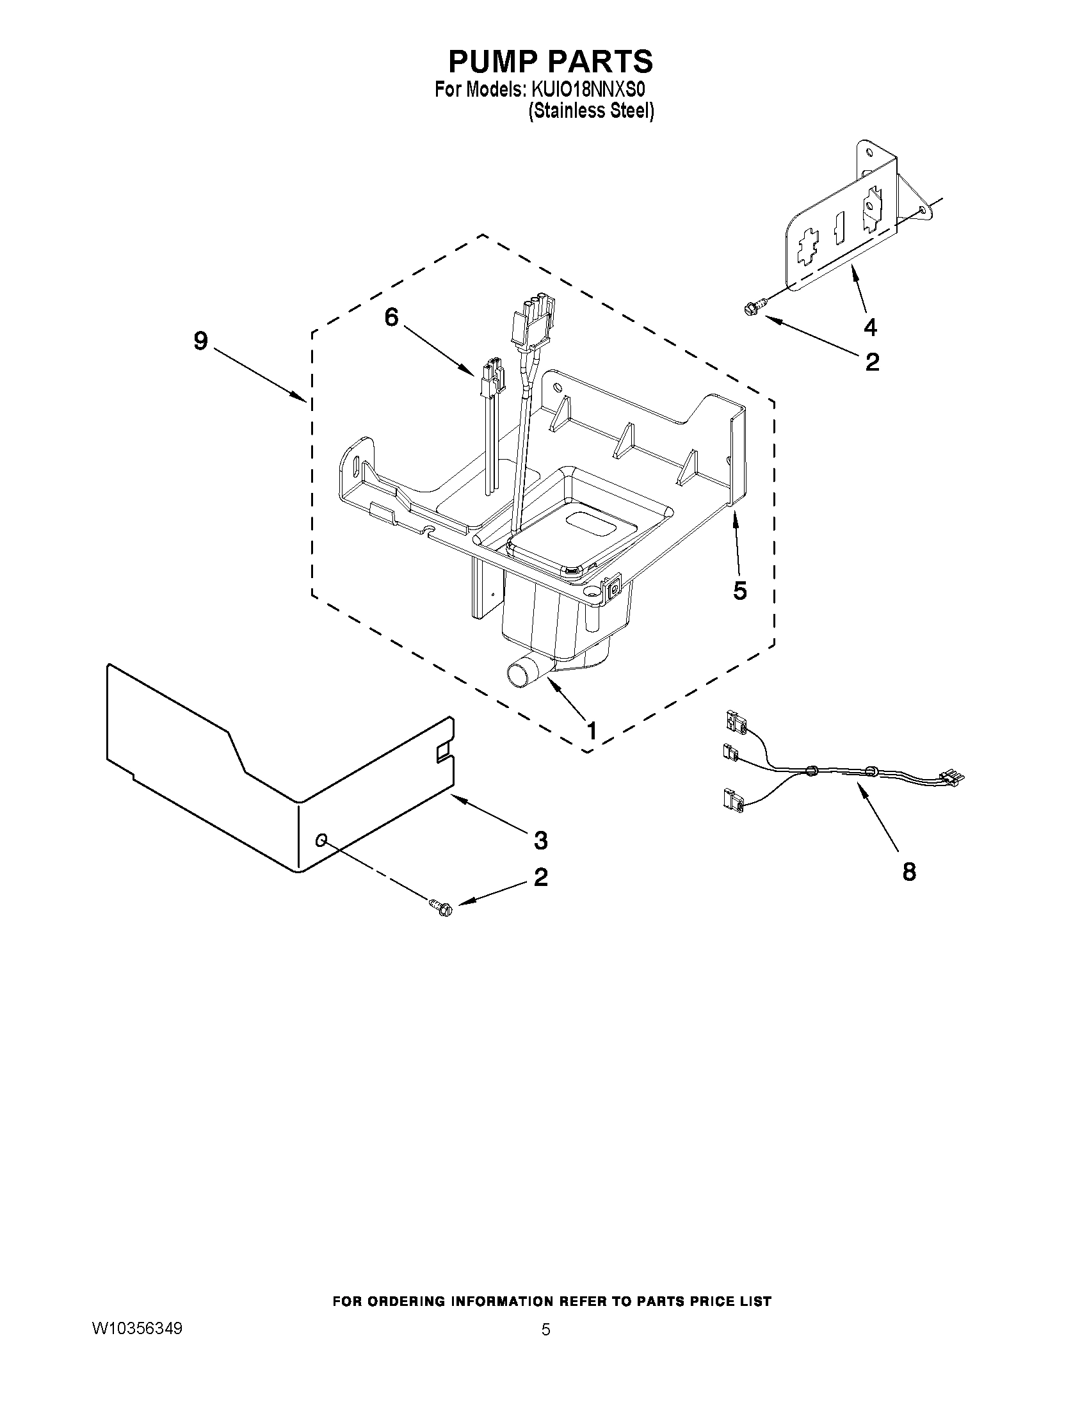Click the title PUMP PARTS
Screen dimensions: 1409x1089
[551, 61]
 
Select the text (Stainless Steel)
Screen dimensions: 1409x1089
[591, 111]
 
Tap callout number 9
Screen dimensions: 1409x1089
[200, 341]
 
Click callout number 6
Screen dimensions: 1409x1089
[391, 318]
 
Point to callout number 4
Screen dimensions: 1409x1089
[869, 328]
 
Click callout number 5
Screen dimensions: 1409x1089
[740, 590]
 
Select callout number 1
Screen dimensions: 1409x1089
[590, 731]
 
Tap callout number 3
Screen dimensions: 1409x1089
[540, 840]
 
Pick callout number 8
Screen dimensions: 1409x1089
[908, 873]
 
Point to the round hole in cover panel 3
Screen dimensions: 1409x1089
[321, 839]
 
